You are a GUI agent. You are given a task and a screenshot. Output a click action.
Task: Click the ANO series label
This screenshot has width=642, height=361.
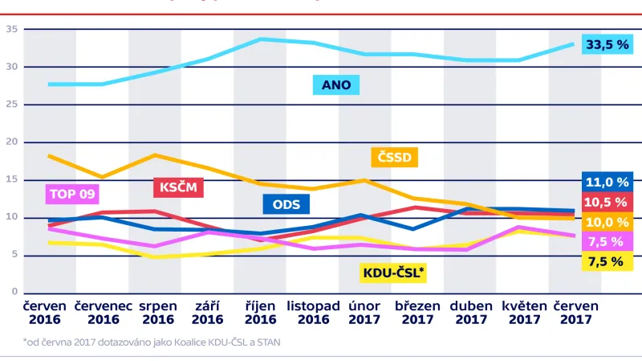337,84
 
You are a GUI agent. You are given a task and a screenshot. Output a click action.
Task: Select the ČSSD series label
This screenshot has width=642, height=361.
394,157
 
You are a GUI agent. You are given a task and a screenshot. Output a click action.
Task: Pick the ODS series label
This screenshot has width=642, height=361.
286,204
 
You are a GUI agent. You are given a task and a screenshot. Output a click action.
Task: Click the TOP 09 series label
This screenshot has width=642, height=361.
74,194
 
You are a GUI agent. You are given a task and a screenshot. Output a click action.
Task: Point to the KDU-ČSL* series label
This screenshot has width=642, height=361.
392,273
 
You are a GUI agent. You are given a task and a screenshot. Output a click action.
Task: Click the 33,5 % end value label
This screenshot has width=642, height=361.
607,45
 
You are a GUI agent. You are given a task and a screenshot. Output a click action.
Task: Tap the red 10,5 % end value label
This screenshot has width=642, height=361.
607,202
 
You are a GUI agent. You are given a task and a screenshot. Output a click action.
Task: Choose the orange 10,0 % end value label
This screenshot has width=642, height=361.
607,222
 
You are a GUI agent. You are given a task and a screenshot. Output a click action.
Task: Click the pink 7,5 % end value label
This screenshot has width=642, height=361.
607,241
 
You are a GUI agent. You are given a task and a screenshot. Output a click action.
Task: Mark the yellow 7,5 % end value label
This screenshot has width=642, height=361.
607,261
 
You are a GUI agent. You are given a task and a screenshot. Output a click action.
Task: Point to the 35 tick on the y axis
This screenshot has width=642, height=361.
11,29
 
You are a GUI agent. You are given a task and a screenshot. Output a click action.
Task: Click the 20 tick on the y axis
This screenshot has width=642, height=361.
11,142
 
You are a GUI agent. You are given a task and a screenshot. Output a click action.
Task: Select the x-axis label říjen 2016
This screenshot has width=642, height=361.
260,313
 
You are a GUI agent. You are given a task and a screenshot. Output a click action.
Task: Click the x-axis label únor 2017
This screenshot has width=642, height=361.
364,313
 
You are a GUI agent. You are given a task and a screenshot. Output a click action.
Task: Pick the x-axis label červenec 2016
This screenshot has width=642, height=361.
104,313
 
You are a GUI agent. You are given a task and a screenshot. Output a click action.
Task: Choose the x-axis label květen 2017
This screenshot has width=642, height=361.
524,313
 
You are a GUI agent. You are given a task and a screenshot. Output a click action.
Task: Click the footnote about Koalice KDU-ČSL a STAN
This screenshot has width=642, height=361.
152,343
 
